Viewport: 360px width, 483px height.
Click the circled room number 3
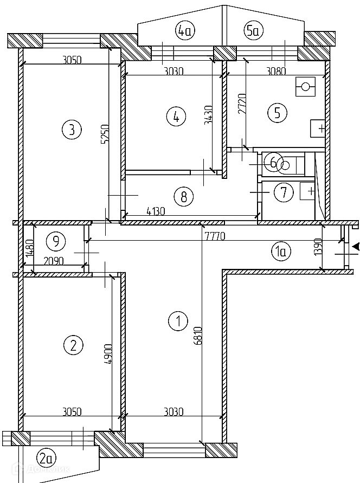point(72,130)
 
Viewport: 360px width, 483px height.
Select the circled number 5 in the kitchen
point(277,113)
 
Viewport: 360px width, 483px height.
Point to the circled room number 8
point(184,196)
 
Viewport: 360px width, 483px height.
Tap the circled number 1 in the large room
point(178,321)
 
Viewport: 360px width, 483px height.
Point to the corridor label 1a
point(281,250)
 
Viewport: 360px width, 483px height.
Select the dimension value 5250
point(106,136)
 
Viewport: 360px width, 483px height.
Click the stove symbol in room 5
point(306,86)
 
